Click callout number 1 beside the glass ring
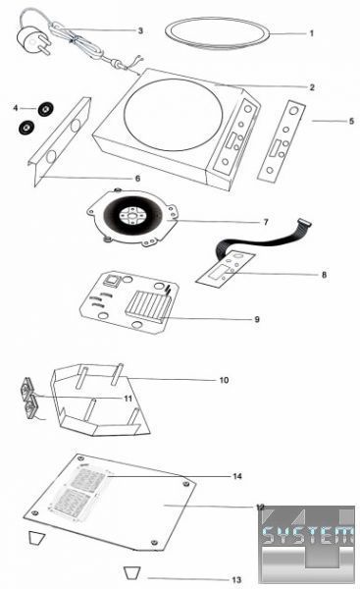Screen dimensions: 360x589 pyautogui.click(x=311, y=33)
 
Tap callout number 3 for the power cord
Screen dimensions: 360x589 pyautogui.click(x=140, y=30)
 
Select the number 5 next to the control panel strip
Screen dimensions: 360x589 pyautogui.click(x=351, y=121)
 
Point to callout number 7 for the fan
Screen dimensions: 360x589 pyautogui.click(x=266, y=222)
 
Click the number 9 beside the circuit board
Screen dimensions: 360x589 pyautogui.click(x=257, y=319)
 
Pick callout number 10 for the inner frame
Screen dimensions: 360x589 pyautogui.click(x=224, y=380)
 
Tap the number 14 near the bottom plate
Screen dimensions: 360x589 pyautogui.click(x=237, y=476)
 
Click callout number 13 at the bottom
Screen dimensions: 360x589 pyautogui.click(x=236, y=579)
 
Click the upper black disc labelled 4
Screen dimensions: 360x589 pyautogui.click(x=45, y=109)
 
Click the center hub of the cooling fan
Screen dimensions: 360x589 pyautogui.click(x=131, y=216)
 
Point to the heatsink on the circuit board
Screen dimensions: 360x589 pyautogui.click(x=148, y=304)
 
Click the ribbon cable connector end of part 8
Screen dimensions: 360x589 pyautogui.click(x=304, y=223)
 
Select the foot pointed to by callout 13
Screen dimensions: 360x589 pyautogui.click(x=132, y=572)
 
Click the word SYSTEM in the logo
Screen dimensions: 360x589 pyautogui.click(x=308, y=535)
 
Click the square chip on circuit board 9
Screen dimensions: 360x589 pyautogui.click(x=112, y=280)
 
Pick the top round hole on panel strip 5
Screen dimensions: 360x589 pyautogui.click(x=294, y=110)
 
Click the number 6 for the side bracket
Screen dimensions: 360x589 pyautogui.click(x=137, y=178)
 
